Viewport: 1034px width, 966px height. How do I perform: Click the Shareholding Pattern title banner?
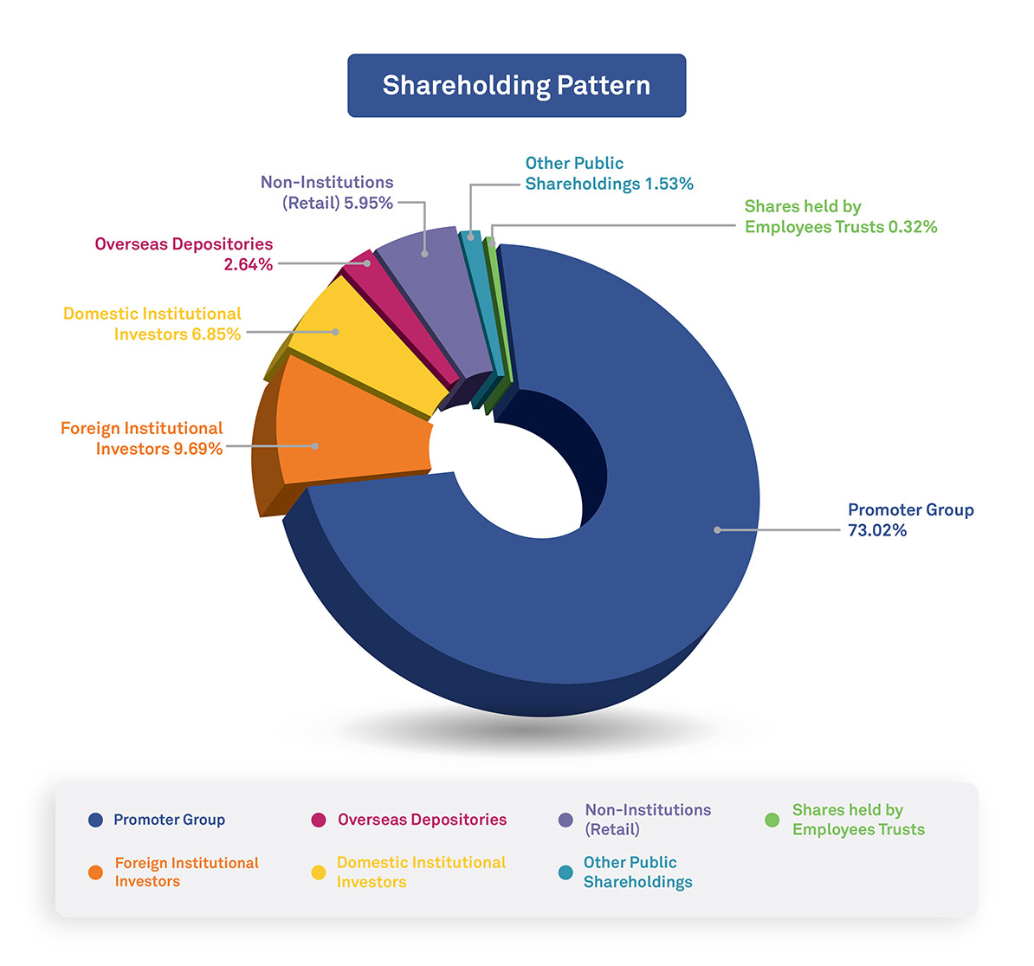(516, 86)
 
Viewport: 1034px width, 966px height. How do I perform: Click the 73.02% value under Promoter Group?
(877, 531)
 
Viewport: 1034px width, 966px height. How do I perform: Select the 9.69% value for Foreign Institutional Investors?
(197, 449)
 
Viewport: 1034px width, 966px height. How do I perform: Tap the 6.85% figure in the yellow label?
(216, 334)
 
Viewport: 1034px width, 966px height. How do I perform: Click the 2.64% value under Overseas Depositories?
(249, 265)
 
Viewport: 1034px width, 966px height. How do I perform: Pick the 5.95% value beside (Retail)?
(368, 204)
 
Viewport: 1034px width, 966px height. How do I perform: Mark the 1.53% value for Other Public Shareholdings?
(669, 184)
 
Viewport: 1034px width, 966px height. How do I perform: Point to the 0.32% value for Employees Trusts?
(913, 227)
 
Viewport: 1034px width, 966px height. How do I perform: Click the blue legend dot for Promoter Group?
(95, 820)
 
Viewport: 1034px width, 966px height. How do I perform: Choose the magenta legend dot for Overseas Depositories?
(319, 820)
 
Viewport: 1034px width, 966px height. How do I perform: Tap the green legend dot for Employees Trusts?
(772, 820)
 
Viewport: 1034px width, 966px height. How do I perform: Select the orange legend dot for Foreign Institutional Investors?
(95, 872)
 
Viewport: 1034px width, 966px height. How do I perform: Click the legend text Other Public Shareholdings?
(637, 872)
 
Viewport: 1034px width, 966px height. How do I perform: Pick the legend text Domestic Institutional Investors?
(421, 872)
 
